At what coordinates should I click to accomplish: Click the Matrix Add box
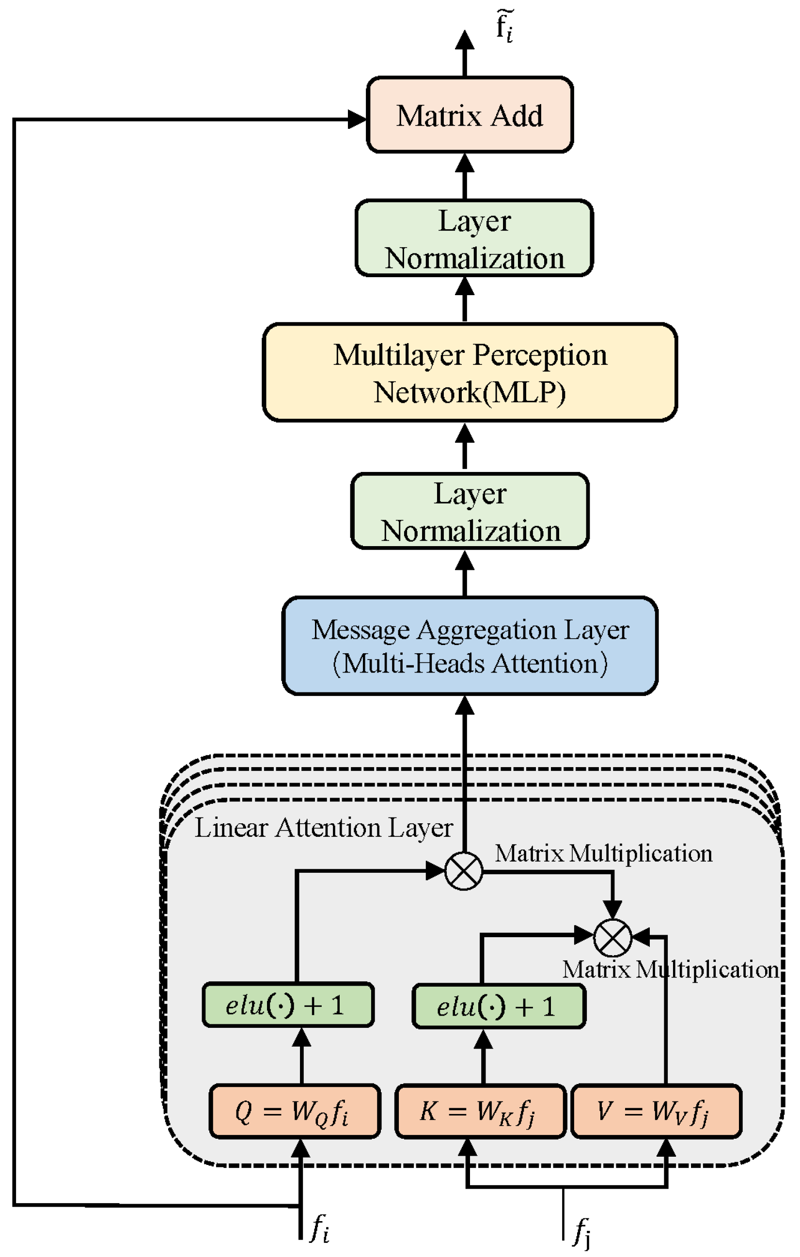coord(470,115)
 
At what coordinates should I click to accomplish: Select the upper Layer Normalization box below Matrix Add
coord(474,238)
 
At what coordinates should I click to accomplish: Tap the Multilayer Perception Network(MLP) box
coord(470,373)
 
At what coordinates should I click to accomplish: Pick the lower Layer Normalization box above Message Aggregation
coord(470,512)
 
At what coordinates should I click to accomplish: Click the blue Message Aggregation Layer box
coord(470,646)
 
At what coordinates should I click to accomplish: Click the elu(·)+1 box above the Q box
coord(288,1006)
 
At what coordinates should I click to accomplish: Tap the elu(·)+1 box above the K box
coord(499,1006)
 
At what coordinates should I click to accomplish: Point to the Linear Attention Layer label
coord(324,828)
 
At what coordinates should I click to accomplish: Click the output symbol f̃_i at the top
coord(504,26)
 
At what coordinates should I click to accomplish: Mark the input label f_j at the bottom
coord(582,1232)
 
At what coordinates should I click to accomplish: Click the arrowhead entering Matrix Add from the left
coord(358,119)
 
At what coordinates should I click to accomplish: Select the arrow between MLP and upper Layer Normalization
coord(465,299)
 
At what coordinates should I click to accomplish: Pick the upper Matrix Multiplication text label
coord(603,854)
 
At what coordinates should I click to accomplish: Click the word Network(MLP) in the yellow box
coord(470,393)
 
